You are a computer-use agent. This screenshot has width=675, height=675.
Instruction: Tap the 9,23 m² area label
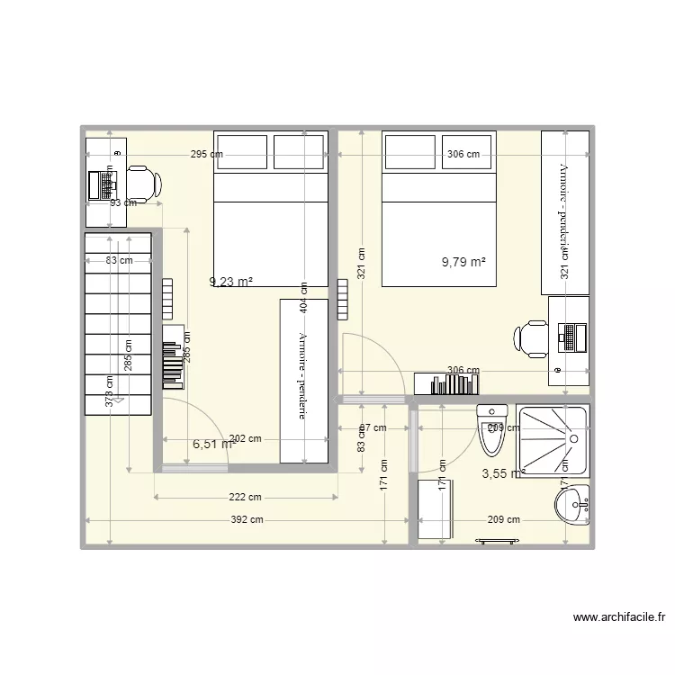231,282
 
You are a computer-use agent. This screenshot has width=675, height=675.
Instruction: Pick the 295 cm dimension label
207,155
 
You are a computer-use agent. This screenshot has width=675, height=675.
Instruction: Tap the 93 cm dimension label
122,203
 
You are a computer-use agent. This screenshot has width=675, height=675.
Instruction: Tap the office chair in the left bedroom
145,184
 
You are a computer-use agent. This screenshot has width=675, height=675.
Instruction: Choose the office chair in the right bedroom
531,338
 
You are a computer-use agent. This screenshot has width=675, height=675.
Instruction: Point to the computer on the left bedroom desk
102,184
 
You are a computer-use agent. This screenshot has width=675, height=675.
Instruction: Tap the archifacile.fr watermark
619,617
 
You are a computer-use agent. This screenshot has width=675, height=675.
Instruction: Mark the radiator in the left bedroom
167,299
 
